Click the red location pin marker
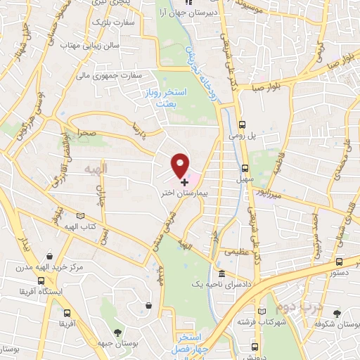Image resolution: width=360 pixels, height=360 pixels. coord(181,166)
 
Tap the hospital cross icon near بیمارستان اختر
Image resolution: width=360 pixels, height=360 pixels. coord(184,181)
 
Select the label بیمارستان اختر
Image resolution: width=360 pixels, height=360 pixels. coord(184,191)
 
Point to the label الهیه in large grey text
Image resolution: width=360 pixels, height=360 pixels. coord(94,170)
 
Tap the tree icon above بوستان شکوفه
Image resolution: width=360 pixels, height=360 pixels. coord(337,311)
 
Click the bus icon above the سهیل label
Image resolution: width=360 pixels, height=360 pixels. coord(245,168)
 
